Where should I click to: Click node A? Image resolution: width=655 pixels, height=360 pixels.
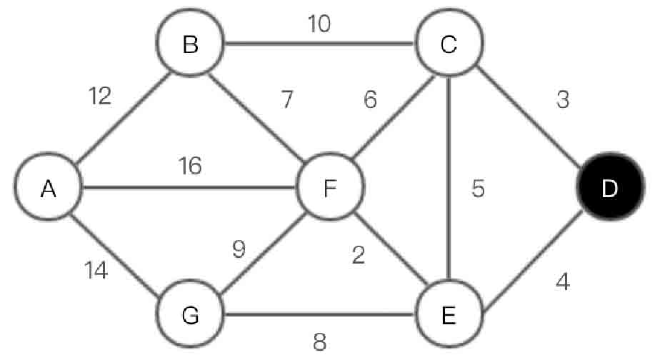49,189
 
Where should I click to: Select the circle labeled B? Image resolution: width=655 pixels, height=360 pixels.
190,46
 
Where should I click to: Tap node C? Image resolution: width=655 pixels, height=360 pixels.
449,46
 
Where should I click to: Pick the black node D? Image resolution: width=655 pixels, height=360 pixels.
609,189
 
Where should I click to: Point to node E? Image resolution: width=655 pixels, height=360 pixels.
449,314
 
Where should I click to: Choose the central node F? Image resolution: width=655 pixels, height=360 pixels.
330,189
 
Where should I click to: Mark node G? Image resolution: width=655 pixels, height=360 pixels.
190,314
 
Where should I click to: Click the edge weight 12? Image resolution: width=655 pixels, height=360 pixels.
101,96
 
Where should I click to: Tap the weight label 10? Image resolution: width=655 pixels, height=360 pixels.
319,24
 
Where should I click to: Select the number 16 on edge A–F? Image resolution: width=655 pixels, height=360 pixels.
191,166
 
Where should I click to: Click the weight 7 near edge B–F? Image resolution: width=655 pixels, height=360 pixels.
287,100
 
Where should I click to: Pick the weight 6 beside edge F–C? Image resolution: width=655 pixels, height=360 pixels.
369,100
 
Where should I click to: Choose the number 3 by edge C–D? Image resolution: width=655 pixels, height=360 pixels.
563,100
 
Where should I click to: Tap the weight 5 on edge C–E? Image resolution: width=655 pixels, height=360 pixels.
477,189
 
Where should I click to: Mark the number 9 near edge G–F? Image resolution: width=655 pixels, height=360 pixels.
239,250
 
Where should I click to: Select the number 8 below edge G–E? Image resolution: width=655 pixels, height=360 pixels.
319,341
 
